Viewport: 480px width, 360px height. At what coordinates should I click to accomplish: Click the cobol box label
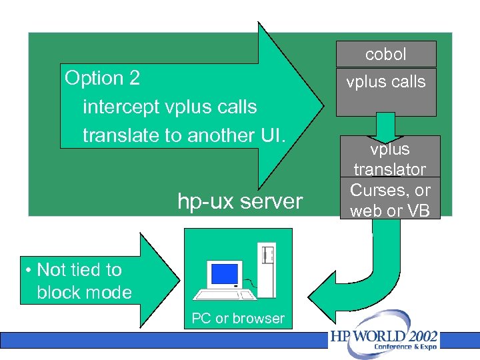pyautogui.click(x=385, y=54)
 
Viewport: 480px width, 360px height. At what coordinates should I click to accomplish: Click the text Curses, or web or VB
pyautogui.click(x=390, y=199)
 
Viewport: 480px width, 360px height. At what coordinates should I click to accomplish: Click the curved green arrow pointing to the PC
pyautogui.click(x=373, y=280)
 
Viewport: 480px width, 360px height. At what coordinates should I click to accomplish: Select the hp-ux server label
pyautogui.click(x=239, y=201)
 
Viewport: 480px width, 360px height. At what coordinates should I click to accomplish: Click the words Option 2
pyautogui.click(x=102, y=78)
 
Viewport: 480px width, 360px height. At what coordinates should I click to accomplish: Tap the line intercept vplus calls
pyautogui.click(x=169, y=107)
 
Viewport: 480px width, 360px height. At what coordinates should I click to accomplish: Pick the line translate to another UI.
pyautogui.click(x=184, y=135)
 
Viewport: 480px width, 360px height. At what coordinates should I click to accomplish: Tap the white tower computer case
pyautogui.click(x=267, y=270)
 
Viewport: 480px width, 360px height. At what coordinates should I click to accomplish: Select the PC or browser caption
pyautogui.click(x=238, y=319)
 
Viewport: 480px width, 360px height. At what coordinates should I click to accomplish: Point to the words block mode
pyautogui.click(x=84, y=293)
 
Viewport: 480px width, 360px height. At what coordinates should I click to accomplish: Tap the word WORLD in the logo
pyautogui.click(x=378, y=335)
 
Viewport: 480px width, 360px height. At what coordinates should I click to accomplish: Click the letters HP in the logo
pyautogui.click(x=340, y=336)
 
